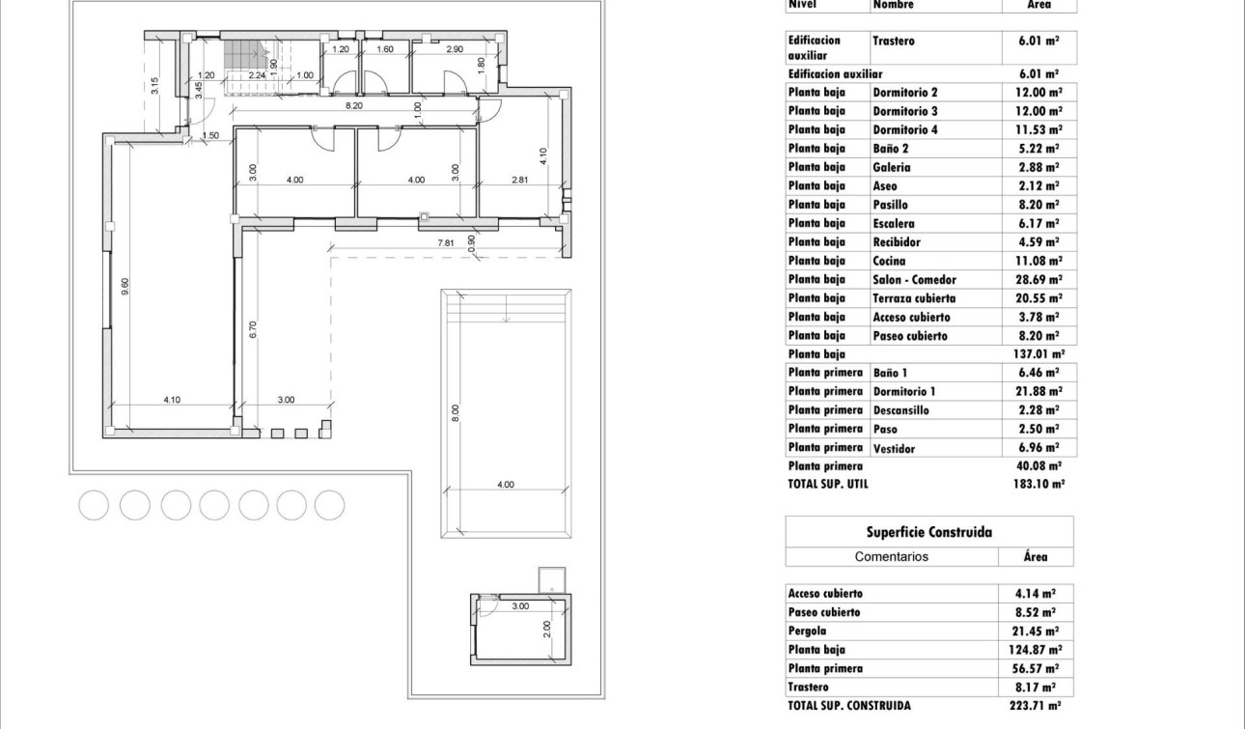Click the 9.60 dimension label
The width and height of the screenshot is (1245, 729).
124,287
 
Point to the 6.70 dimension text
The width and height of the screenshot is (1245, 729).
253,329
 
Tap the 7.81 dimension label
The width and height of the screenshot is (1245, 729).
446,242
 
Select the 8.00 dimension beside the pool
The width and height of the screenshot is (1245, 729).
456,412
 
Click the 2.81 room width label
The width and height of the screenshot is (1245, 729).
520,180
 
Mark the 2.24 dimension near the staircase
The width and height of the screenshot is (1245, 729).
257,75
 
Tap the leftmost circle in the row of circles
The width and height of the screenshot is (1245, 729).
94,505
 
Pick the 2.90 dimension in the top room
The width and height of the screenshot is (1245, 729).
455,48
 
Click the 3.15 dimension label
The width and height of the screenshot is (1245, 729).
155,85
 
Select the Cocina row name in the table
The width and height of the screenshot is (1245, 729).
889,261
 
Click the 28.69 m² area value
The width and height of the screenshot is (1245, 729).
1039,280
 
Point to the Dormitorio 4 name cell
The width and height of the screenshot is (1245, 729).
904,129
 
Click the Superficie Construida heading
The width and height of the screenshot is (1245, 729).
928,532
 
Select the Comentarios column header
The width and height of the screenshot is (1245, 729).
891,557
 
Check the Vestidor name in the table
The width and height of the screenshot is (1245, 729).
894,448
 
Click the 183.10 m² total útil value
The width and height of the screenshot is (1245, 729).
1039,485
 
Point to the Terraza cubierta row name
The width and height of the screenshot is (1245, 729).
913,298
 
